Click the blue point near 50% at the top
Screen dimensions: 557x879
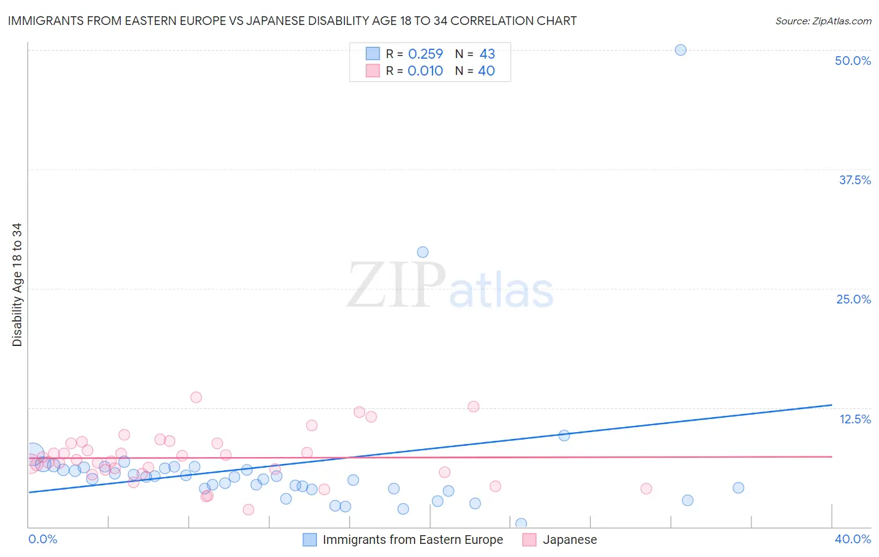click(x=680, y=50)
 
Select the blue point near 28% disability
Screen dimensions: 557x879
click(x=423, y=252)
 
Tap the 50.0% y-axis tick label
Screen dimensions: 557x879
click(x=853, y=61)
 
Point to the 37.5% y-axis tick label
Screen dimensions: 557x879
click(x=855, y=180)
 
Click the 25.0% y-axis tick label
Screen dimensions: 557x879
click(x=853, y=299)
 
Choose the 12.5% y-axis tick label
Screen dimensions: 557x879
click(x=855, y=419)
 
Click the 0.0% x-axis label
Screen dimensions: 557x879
click(x=43, y=539)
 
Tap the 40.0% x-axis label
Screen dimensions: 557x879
click(x=853, y=539)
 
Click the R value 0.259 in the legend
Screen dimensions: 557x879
click(x=425, y=54)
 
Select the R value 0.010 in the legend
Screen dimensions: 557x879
click(x=425, y=71)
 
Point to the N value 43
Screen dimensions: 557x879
click(x=487, y=54)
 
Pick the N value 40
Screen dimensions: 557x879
click(x=486, y=71)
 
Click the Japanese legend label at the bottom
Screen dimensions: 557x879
click(x=570, y=540)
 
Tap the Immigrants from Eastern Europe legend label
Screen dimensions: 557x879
click(x=413, y=540)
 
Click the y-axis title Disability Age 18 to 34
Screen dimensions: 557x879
click(x=17, y=285)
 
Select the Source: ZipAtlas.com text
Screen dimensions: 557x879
click(x=823, y=21)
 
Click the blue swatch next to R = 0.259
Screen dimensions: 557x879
click(x=373, y=54)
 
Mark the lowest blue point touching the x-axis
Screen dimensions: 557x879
click(x=521, y=524)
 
